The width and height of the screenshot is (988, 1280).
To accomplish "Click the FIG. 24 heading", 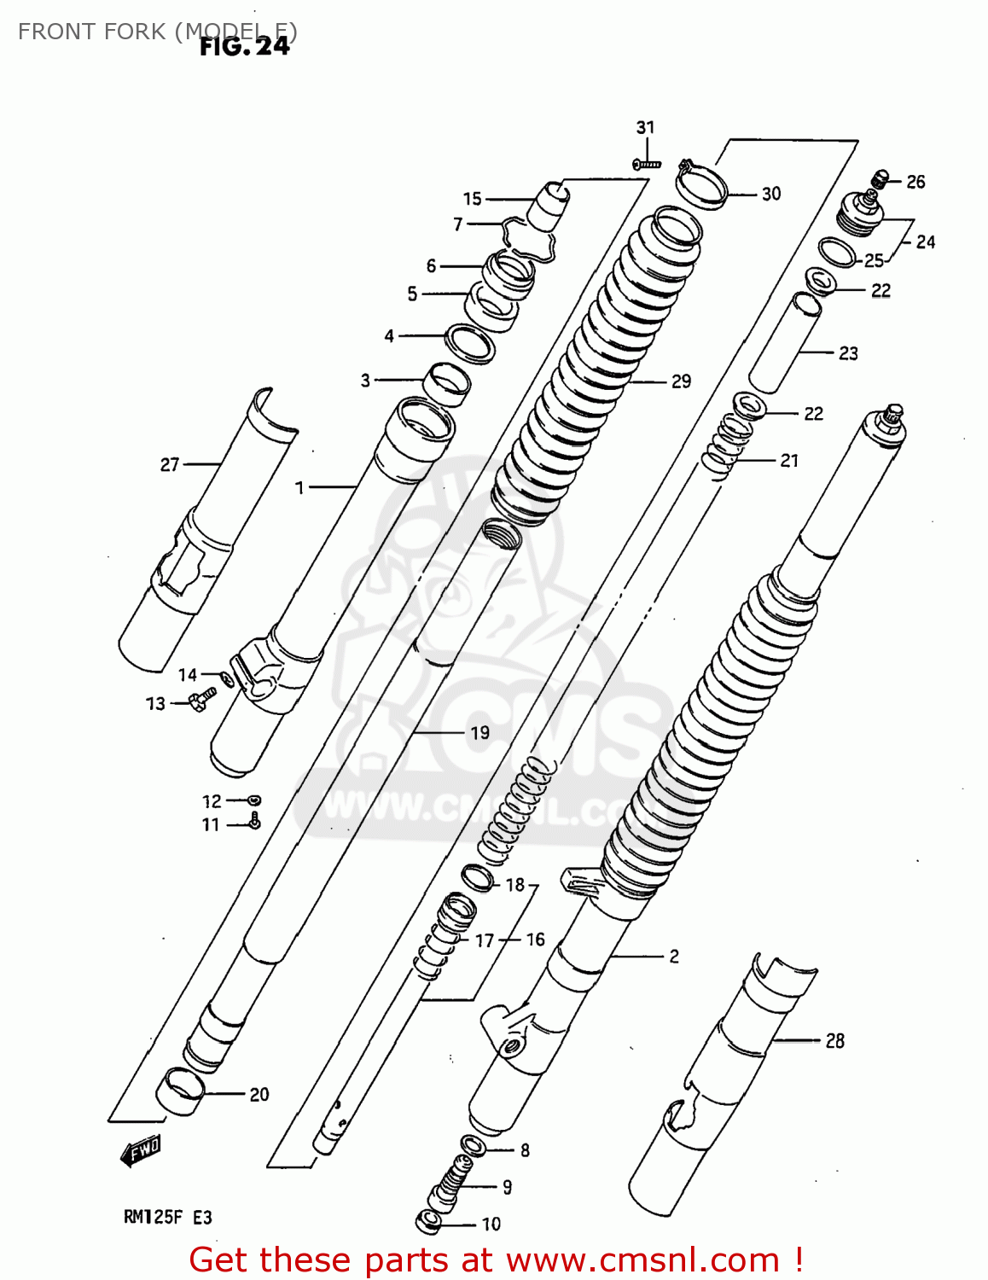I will (x=244, y=46).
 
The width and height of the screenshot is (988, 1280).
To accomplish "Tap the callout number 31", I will (x=645, y=127).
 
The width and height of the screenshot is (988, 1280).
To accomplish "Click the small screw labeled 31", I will (x=647, y=162).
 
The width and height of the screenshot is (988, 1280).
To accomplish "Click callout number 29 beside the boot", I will (x=681, y=381).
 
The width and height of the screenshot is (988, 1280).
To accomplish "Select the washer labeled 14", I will (x=226, y=679).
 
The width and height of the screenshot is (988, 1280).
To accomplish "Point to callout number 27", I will (x=170, y=464).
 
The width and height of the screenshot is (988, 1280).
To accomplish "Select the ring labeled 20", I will (x=180, y=1091).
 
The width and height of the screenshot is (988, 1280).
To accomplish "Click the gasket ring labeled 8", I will (x=474, y=1146).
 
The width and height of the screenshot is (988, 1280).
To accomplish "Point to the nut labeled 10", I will (x=429, y=1222).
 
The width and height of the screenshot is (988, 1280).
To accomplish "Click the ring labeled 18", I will (x=477, y=877).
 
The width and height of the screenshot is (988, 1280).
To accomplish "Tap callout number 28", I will (x=834, y=1040).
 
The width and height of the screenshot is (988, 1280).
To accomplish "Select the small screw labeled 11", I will (x=254, y=822).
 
